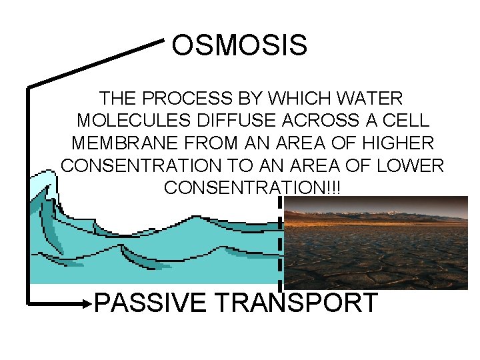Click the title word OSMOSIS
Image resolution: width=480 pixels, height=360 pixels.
point(239,46)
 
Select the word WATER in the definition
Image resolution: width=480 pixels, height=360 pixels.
point(371,99)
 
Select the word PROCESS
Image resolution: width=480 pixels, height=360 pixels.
point(189,99)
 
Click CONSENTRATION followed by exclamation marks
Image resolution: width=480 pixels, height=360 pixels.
point(252,187)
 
